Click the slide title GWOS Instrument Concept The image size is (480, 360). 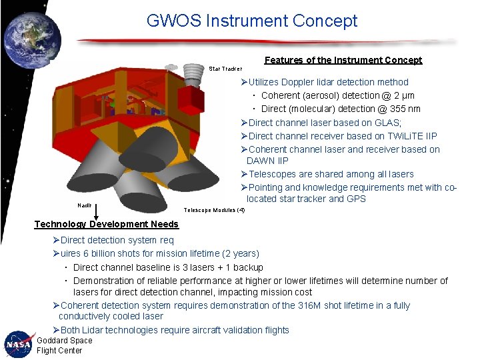click(252, 21)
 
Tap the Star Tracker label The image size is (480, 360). click(225, 69)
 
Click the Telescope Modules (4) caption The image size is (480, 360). click(213, 210)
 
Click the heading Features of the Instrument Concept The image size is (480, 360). click(343, 60)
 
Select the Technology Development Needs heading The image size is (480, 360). click(107, 225)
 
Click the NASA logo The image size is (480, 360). click(18, 345)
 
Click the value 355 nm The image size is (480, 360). click(405, 109)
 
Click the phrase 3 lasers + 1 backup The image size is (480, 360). click(220, 267)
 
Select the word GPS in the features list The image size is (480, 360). click(355, 199)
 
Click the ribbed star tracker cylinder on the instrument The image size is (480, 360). click(192, 74)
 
